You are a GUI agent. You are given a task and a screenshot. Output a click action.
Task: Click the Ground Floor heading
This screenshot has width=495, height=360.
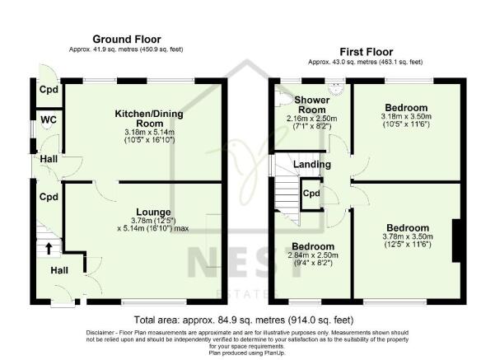126,39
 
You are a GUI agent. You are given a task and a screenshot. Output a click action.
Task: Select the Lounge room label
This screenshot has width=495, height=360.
154,211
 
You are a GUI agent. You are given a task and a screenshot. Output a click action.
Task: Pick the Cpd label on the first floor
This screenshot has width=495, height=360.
311,194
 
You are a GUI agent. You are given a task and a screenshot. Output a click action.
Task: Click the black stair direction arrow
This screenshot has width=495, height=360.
49,246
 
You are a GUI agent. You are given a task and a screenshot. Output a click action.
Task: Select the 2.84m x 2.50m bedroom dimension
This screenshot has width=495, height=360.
313,256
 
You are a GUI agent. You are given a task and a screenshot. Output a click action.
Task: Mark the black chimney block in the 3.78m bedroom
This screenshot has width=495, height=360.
454,241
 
